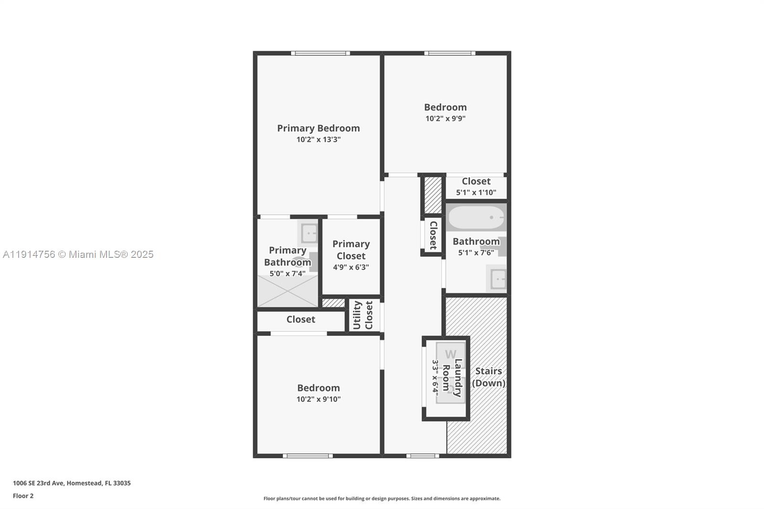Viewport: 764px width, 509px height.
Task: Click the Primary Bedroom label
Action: click(x=318, y=128)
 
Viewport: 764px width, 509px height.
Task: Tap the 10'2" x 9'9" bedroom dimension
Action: click(x=445, y=118)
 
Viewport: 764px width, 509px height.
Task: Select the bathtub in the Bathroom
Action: click(x=476, y=218)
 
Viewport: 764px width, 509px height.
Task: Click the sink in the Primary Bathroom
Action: click(x=308, y=233)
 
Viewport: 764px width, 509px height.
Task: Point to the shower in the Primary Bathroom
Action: click(x=287, y=291)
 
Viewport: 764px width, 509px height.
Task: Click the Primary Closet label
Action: click(x=351, y=250)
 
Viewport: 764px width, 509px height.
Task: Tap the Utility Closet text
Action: click(x=362, y=315)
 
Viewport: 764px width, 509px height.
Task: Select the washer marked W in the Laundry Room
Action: click(x=450, y=354)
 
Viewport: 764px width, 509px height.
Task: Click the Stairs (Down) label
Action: click(x=488, y=377)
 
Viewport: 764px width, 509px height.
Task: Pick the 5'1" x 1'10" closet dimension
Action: click(x=476, y=193)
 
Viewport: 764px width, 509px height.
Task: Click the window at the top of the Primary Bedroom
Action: click(x=320, y=53)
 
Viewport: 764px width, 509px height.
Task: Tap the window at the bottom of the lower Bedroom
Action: click(x=308, y=456)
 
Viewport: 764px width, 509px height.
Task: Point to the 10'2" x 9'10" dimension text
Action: click(x=318, y=399)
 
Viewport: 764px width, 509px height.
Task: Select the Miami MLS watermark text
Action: click(x=78, y=254)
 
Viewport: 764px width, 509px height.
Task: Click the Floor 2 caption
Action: click(x=23, y=496)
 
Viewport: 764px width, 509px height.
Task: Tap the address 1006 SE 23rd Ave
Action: click(x=72, y=483)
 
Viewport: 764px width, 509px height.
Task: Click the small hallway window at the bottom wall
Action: click(x=423, y=456)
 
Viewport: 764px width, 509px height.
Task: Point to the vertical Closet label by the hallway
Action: click(x=433, y=235)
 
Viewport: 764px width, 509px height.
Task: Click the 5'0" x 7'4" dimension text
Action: click(x=287, y=274)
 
